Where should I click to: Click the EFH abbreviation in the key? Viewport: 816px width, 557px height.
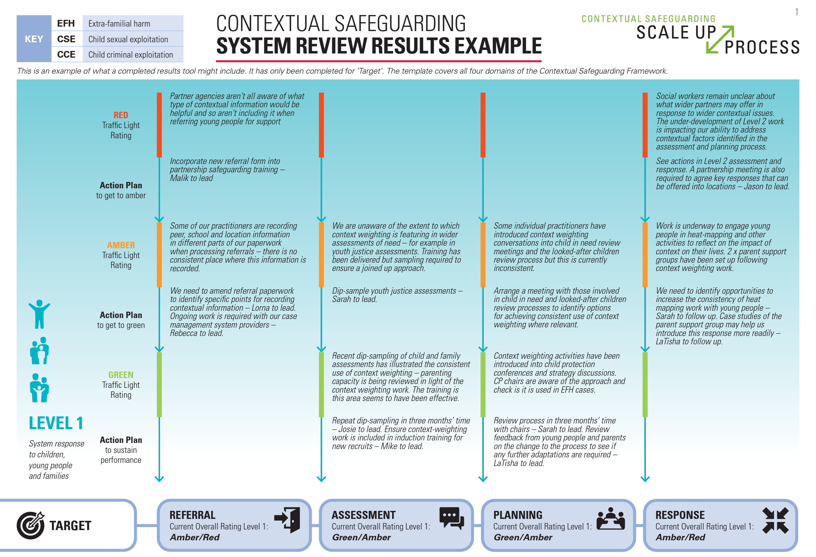coord(66,23)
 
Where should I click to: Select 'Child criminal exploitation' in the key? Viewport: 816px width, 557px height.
coord(130,55)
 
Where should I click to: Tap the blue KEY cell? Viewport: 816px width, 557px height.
coord(34,39)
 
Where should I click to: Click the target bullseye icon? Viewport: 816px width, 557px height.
coord(30,525)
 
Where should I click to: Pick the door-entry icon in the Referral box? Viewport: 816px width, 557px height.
coord(287,520)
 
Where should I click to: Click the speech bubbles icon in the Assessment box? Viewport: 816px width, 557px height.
coord(451,518)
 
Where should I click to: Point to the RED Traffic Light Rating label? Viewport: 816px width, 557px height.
coord(121,115)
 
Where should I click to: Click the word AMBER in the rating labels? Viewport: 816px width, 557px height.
coord(121,245)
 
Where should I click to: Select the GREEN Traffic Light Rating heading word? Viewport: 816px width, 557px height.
coord(121,375)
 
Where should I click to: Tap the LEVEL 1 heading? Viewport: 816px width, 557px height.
coord(56,423)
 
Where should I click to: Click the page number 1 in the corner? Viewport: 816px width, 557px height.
coord(797,12)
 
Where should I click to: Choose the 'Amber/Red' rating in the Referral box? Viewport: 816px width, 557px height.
coord(194,537)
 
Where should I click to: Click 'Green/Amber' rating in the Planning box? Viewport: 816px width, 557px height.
coord(523,537)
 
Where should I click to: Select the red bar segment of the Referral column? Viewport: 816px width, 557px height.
coord(160,125)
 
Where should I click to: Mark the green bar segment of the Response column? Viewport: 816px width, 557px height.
coord(645,385)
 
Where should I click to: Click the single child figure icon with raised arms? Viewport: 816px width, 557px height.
coord(39,314)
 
